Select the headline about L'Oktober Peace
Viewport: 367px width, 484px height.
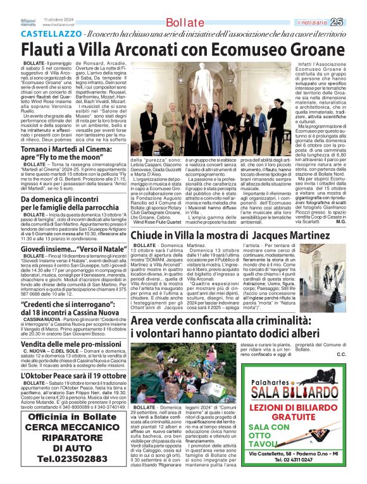[x=66, y=358]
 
